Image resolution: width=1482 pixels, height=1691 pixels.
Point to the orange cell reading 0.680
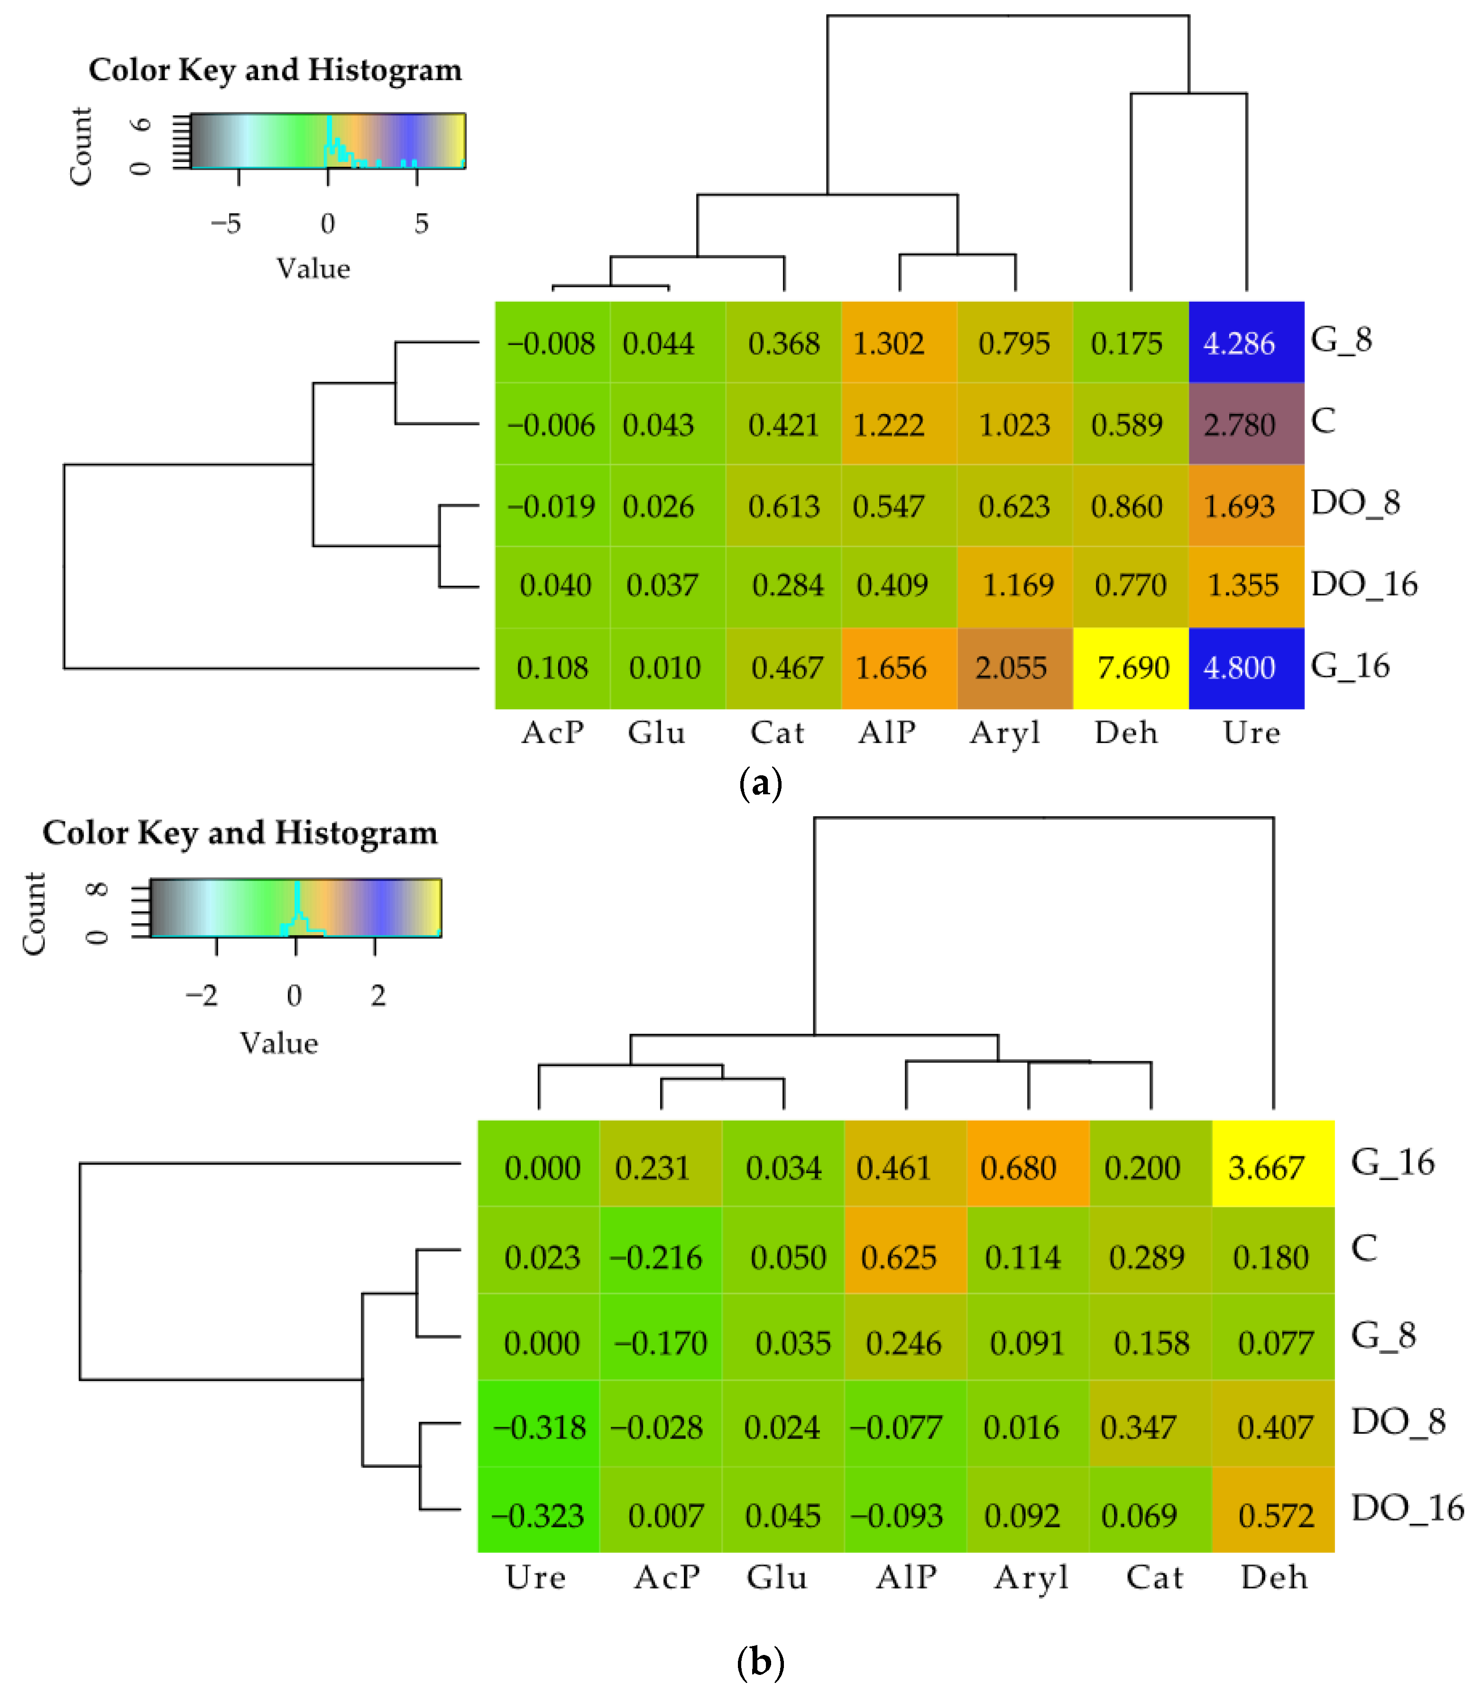pyautogui.click(x=1028, y=1167)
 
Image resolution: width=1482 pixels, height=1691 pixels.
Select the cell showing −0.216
pyautogui.click(x=660, y=1257)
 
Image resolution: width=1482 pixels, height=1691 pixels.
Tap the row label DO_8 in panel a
pyautogui.click(x=1354, y=503)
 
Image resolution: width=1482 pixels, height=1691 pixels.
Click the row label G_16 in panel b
pyautogui.click(x=1392, y=1163)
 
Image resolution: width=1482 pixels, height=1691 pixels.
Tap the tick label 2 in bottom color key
pyautogui.click(x=378, y=995)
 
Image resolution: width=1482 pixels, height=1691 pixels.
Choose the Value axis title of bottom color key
pyautogui.click(x=279, y=1044)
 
